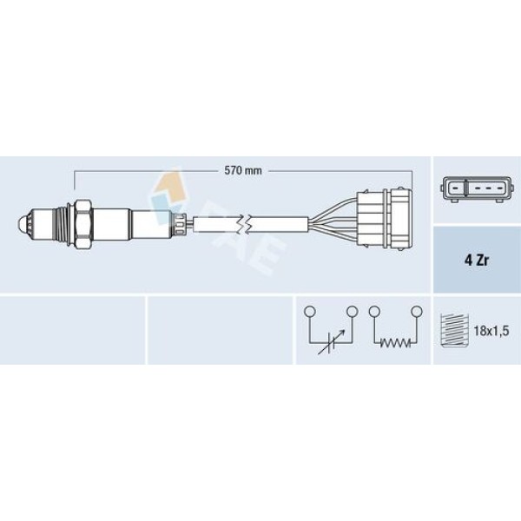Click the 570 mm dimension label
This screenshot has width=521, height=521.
point(243,171)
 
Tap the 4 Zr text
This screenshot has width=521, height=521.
point(477,260)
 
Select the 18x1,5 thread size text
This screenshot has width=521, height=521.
point(491,331)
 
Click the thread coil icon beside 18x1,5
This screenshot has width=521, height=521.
point(454,331)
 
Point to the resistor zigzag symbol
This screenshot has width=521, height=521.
point(395,343)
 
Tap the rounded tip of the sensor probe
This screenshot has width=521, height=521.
point(22,225)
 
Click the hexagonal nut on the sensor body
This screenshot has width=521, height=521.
point(82,225)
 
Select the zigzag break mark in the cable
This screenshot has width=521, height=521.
point(242,225)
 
